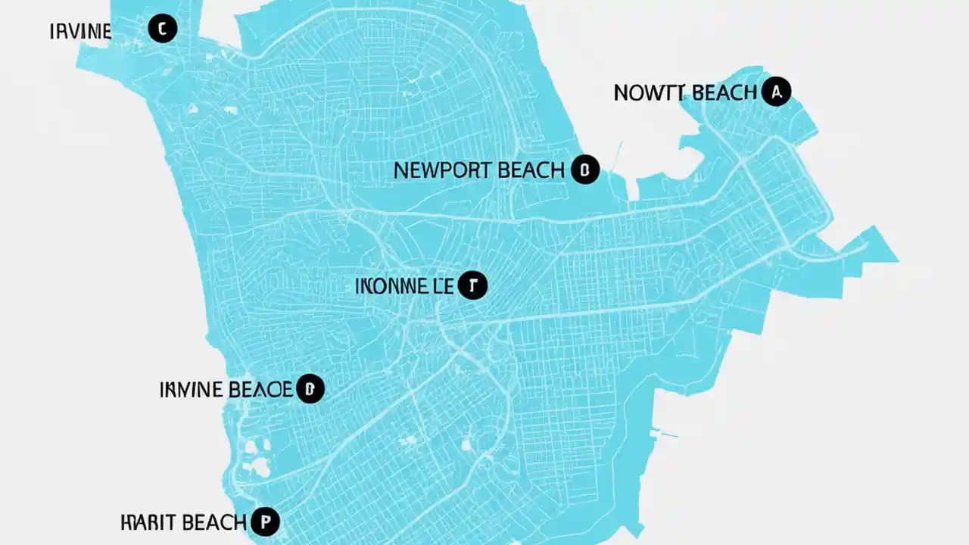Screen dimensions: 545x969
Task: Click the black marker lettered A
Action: (775, 92)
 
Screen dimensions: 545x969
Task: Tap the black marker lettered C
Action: (162, 30)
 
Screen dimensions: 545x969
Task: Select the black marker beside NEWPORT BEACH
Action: (584, 170)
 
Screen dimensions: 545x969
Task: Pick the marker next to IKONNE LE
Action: (473, 285)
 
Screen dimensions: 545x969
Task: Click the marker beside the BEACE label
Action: (309, 390)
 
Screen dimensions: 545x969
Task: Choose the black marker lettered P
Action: (265, 522)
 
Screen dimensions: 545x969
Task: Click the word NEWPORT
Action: (443, 170)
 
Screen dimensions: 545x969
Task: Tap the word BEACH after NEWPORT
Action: (531, 170)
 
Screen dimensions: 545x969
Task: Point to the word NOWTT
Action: (650, 93)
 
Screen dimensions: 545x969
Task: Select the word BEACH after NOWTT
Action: (723, 93)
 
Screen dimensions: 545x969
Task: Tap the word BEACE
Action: (260, 391)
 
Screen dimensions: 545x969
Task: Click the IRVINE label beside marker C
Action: (80, 32)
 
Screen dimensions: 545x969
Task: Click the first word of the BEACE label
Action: (192, 391)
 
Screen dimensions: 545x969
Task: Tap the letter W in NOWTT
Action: (655, 93)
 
